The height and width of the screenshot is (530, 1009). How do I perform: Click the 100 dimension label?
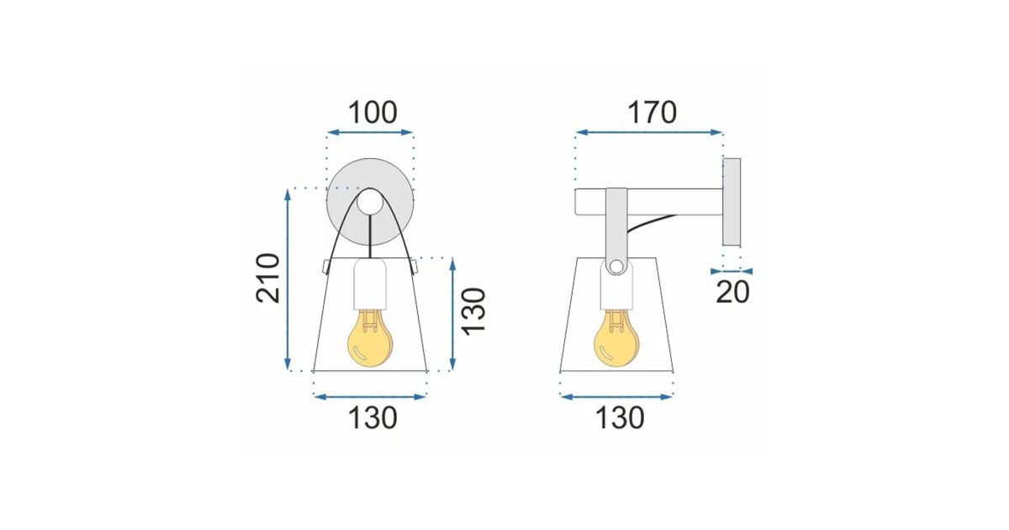(x=372, y=113)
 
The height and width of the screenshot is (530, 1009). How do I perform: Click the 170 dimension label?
(x=652, y=113)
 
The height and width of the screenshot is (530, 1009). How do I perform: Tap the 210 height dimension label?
(x=268, y=278)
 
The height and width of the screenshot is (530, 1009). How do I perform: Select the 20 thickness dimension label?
(x=732, y=292)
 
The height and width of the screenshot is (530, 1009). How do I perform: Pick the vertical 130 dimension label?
(x=475, y=312)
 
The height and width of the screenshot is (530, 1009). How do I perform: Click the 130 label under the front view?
(x=372, y=418)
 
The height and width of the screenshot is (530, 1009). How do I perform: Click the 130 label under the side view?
(x=620, y=418)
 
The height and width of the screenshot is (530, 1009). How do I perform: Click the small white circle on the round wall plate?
(x=370, y=202)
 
